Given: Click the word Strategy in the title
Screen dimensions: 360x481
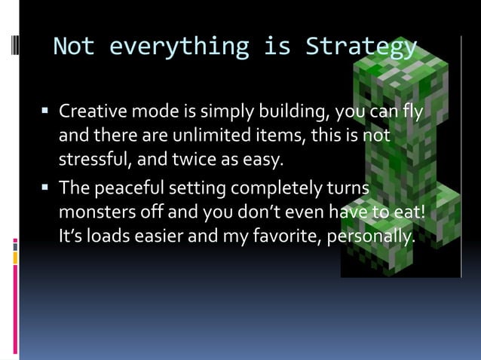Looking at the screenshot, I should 360,47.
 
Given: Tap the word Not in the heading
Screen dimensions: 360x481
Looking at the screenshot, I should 74,47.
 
